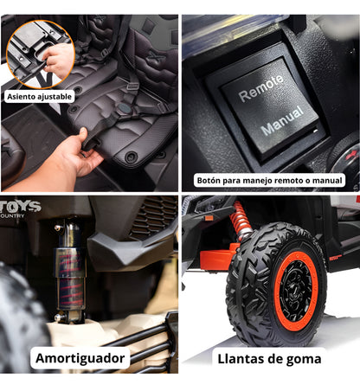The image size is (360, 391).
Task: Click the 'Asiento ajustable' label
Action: coord(40,97)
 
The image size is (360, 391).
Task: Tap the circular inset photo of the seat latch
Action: coord(40,52)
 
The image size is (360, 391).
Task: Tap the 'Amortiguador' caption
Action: coord(82,357)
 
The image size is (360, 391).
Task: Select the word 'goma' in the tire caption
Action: coord(303,357)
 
